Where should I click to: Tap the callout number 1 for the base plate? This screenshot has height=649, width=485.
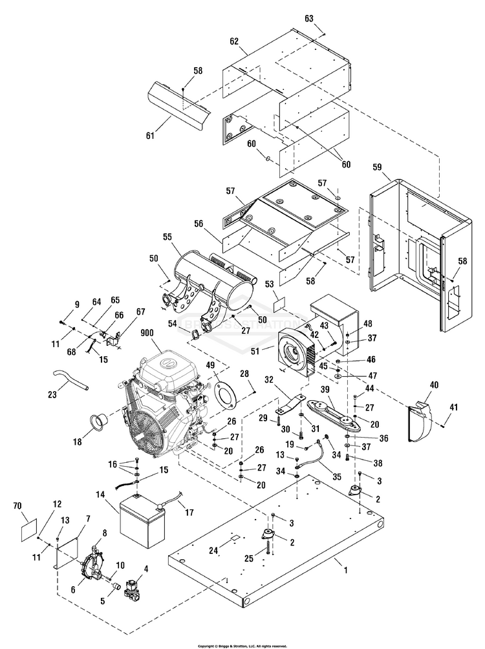345,570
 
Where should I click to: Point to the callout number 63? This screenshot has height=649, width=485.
318,19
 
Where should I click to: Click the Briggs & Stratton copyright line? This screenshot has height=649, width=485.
242,645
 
